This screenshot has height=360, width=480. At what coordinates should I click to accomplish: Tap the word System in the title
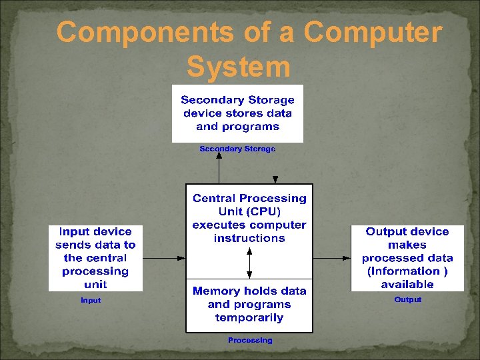[239, 67]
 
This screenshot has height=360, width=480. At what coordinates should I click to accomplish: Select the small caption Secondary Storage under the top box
[237, 149]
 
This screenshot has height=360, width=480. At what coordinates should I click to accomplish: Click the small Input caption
[91, 300]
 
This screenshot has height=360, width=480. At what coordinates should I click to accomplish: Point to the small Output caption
[407, 299]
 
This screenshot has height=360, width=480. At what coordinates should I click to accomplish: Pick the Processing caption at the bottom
[250, 340]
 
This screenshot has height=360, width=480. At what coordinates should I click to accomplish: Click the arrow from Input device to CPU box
[164, 257]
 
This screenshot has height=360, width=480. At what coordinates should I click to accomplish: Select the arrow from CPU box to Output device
[332, 257]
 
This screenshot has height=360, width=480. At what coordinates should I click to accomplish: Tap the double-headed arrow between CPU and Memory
[249, 263]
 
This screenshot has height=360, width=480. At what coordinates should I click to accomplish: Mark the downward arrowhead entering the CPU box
[275, 179]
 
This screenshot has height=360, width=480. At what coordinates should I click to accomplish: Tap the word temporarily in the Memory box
[249, 317]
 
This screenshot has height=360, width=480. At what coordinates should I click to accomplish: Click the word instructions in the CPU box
[249, 238]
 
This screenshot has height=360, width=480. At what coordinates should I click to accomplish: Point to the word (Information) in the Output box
[407, 271]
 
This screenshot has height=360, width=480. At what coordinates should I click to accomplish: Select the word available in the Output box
[407, 284]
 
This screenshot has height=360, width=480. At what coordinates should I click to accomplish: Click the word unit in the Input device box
[95, 284]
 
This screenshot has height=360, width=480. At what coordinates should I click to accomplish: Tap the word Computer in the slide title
[373, 32]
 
